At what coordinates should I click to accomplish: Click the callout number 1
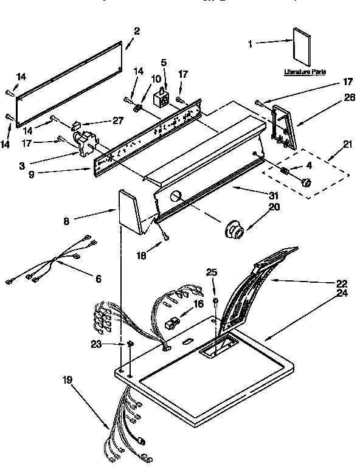251,43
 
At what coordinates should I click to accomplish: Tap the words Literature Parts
305,72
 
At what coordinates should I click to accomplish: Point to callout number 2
137,31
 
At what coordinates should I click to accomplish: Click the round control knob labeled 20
234,230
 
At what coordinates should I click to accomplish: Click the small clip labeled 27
75,125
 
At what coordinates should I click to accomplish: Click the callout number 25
211,272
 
